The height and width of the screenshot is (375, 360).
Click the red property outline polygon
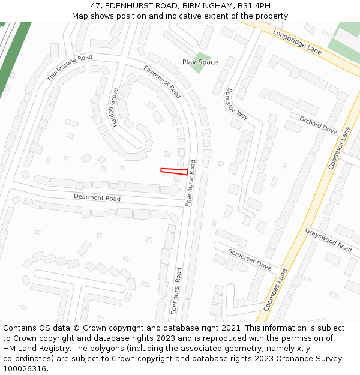(174, 172)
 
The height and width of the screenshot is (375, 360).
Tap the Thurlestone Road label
(70, 67)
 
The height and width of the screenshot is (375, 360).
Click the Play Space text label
(200, 62)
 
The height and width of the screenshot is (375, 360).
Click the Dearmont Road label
(97, 197)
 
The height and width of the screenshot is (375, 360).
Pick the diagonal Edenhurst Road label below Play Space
(162, 82)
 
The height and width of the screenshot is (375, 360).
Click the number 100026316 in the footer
(25, 369)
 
